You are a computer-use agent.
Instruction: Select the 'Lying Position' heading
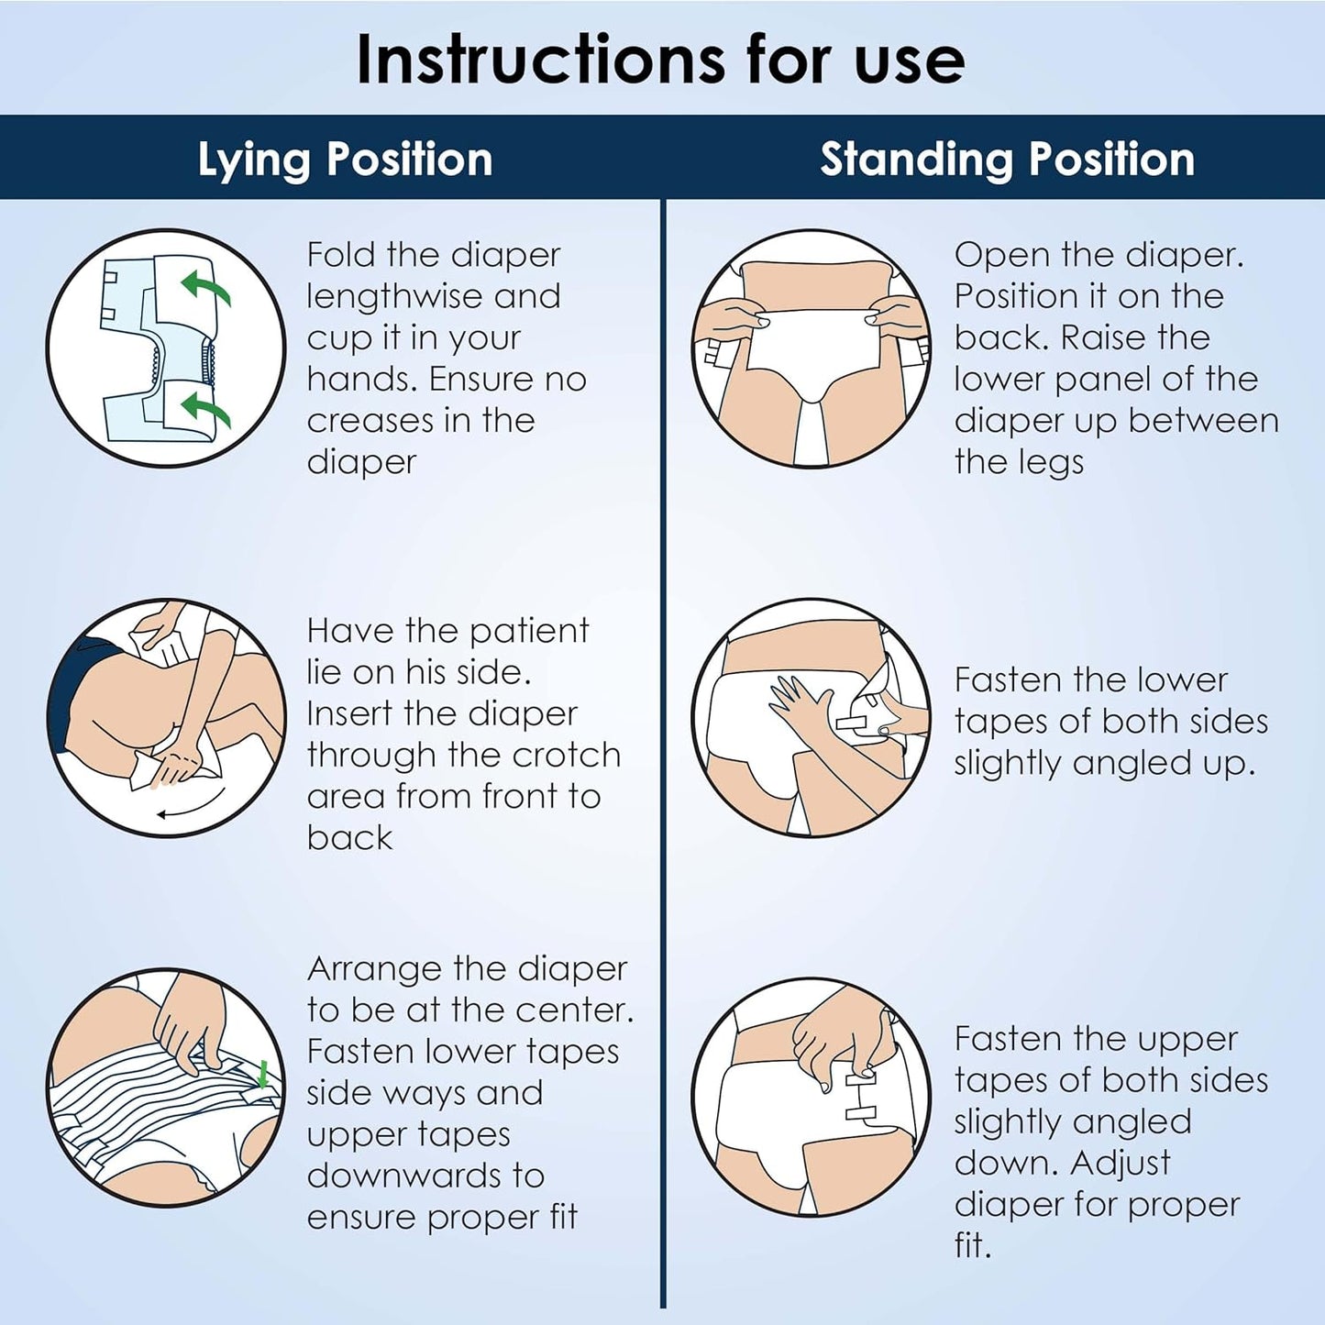(345, 160)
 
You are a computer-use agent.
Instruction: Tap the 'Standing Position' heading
(1008, 160)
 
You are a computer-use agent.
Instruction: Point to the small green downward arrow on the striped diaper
(262, 1074)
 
